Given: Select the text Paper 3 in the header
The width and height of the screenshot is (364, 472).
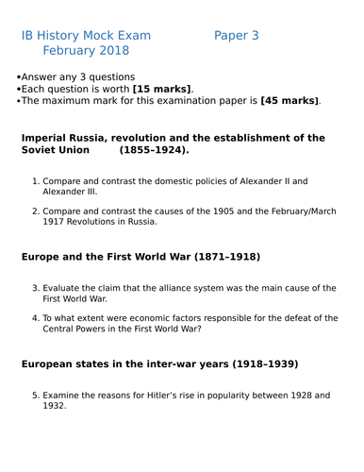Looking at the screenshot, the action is pos(236,36).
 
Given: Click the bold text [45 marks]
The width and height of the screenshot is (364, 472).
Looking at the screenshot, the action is pos(289,100).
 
